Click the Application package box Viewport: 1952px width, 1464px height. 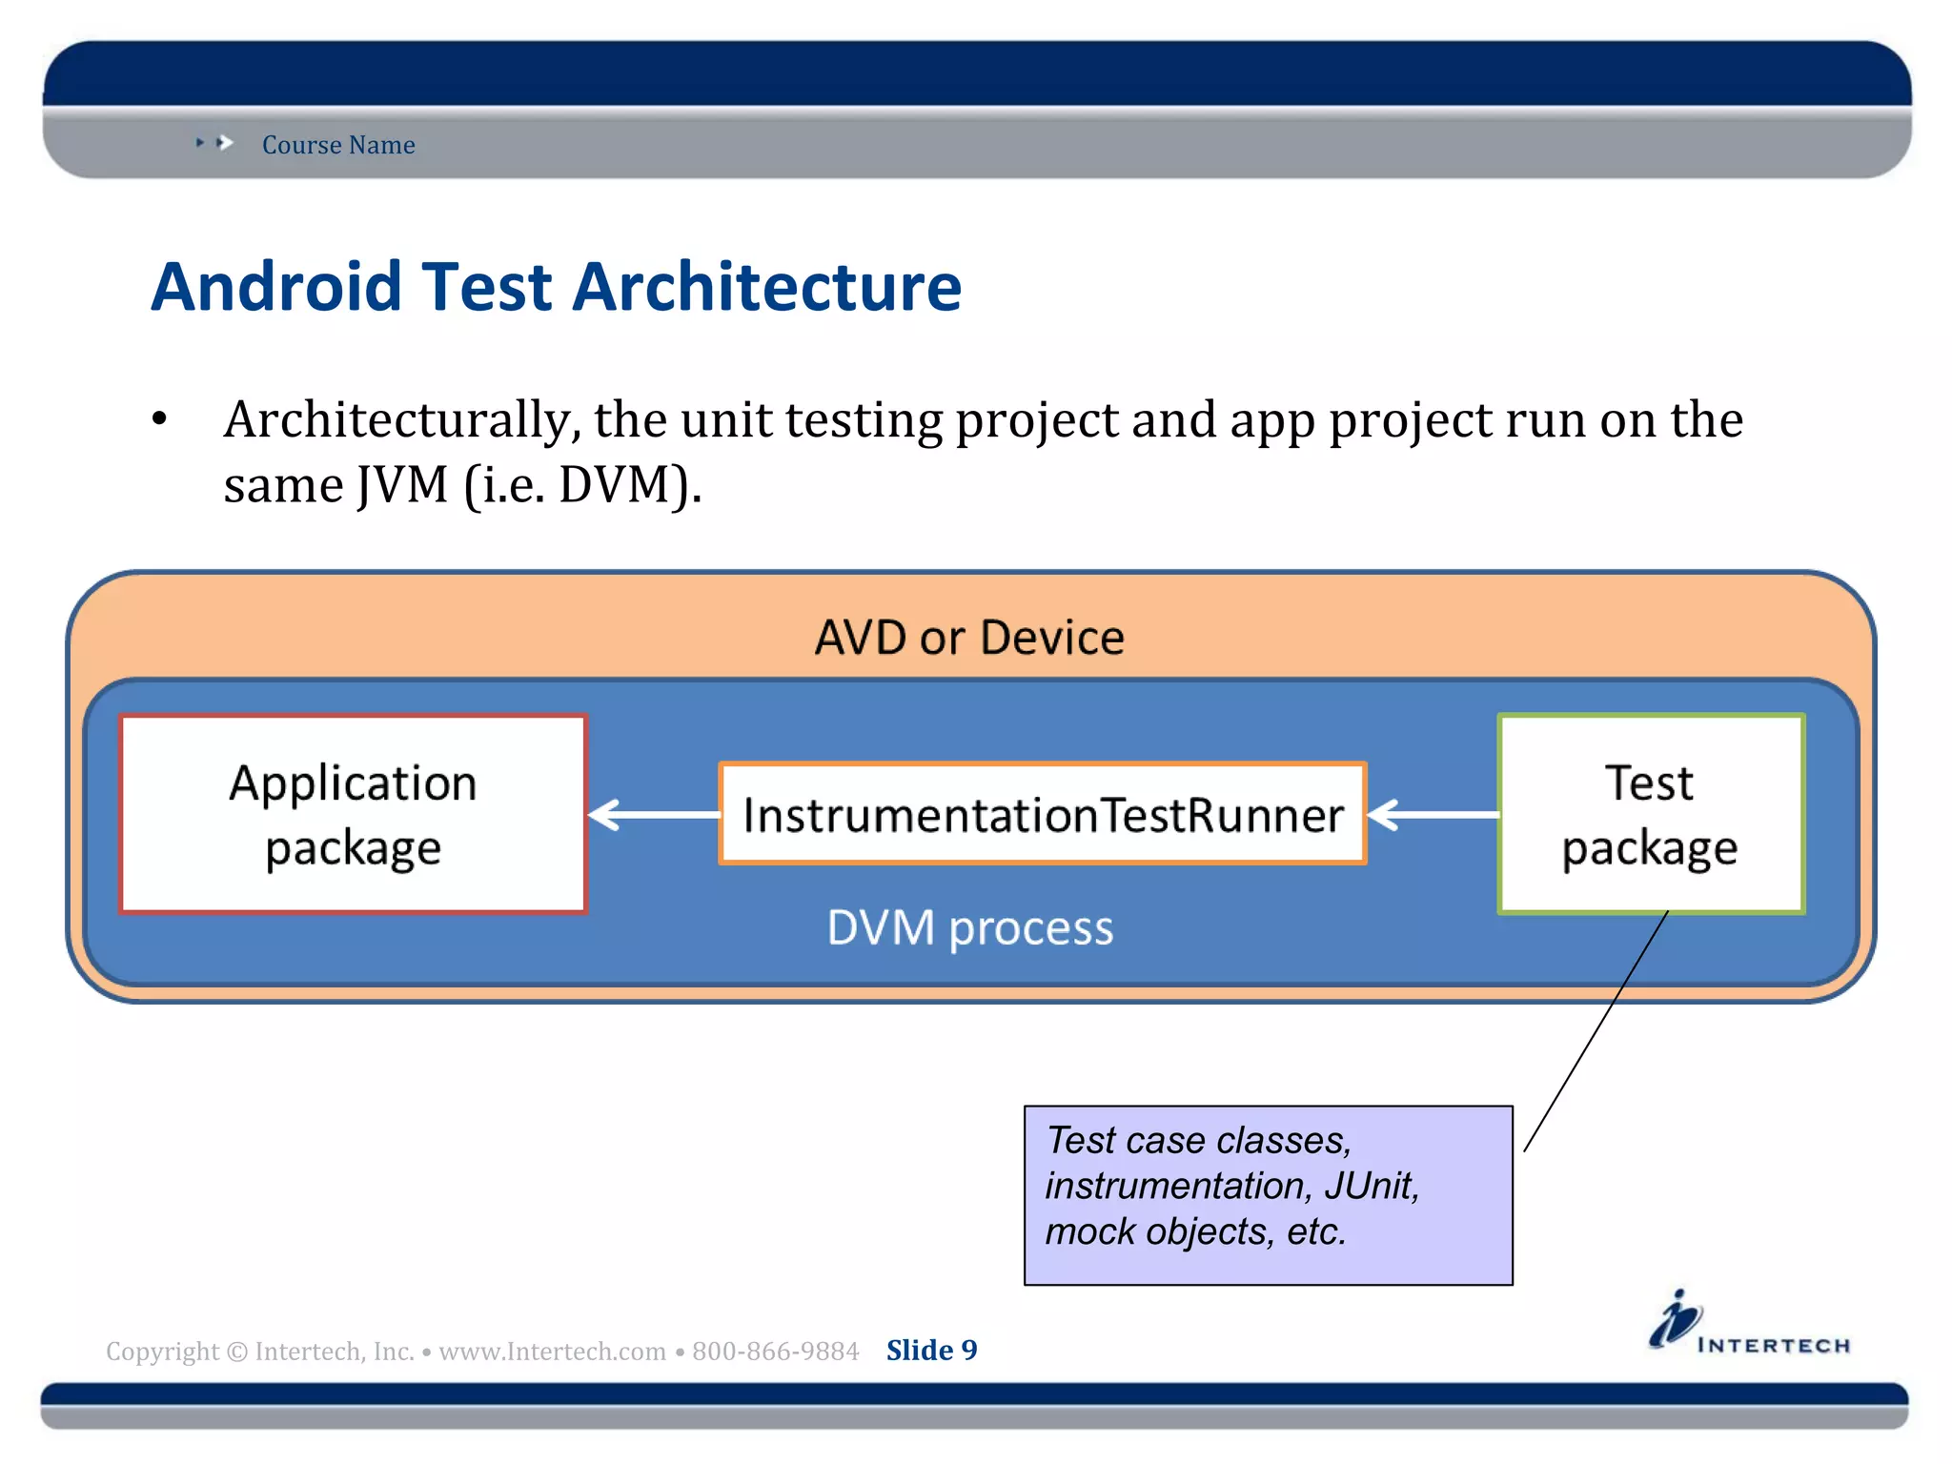click(353, 814)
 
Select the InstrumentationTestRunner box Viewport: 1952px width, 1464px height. click(1043, 814)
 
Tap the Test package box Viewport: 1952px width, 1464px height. click(1651, 814)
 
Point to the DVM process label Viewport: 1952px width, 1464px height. click(969, 927)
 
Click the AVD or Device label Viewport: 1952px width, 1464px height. click(969, 637)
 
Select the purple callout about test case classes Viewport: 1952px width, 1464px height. click(1268, 1195)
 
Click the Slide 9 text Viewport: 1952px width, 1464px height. click(931, 1351)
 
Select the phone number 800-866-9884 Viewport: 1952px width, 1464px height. click(775, 1352)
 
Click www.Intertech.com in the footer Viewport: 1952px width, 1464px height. click(552, 1352)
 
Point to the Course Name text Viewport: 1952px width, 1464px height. click(338, 145)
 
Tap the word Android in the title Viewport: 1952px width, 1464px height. click(277, 286)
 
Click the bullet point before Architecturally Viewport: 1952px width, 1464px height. click(159, 419)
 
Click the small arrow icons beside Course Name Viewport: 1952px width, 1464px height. click(215, 143)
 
